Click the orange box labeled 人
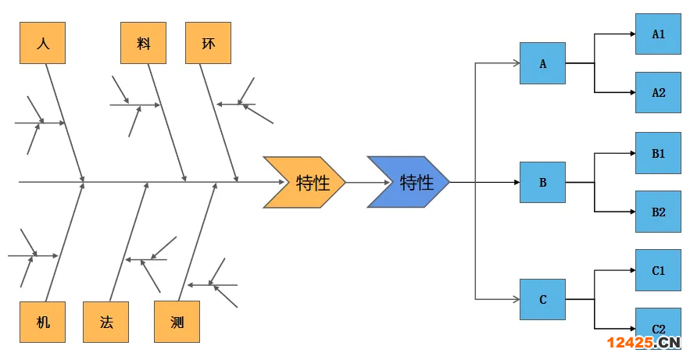42,43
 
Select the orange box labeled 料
143,43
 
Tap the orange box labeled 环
208,43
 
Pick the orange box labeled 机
42,322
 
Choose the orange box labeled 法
105,322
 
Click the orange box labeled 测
177,322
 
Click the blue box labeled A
542,63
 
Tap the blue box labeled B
542,183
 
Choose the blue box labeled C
542,299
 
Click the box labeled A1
658,34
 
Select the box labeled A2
658,93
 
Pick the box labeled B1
658,153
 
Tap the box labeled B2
658,212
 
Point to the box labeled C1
658,270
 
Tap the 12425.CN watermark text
643,343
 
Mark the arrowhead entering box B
516,183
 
